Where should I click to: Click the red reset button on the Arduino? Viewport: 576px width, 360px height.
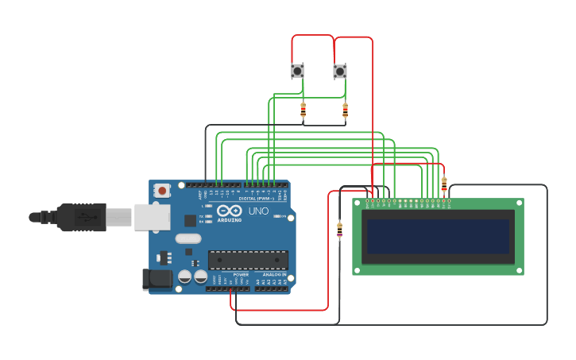pyautogui.click(x=162, y=190)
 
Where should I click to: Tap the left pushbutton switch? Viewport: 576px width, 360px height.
pyautogui.click(x=297, y=72)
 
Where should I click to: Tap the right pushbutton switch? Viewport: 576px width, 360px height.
pyautogui.click(x=340, y=72)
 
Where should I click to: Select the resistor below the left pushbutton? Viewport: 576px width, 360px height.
pyautogui.click(x=303, y=110)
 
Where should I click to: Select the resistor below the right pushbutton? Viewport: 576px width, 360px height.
pyautogui.click(x=345, y=110)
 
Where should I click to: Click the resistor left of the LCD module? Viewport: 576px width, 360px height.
pyautogui.click(x=340, y=230)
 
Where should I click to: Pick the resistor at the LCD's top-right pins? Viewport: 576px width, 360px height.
pyautogui.click(x=444, y=184)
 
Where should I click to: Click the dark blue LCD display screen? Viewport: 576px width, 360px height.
pyautogui.click(x=437, y=237)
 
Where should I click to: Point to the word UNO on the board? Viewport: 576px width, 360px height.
pyautogui.click(x=259, y=211)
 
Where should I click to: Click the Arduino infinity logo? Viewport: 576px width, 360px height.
pyautogui.click(x=229, y=211)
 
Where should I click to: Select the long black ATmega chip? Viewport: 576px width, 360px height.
pyautogui.click(x=248, y=260)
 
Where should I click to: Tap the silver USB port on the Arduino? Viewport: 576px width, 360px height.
pyautogui.click(x=152, y=217)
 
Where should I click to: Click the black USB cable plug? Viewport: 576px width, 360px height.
pyautogui.click(x=79, y=216)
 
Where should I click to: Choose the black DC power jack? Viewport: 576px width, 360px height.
pyautogui.click(x=157, y=278)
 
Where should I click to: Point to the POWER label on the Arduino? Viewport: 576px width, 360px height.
pyautogui.click(x=241, y=275)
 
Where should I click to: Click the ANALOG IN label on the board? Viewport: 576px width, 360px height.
pyautogui.click(x=272, y=275)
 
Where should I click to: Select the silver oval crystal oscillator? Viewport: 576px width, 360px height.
pyautogui.click(x=188, y=238)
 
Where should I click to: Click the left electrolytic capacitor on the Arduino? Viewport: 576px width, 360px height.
pyautogui.click(x=184, y=277)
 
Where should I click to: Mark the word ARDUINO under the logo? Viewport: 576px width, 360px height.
pyautogui.click(x=230, y=220)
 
